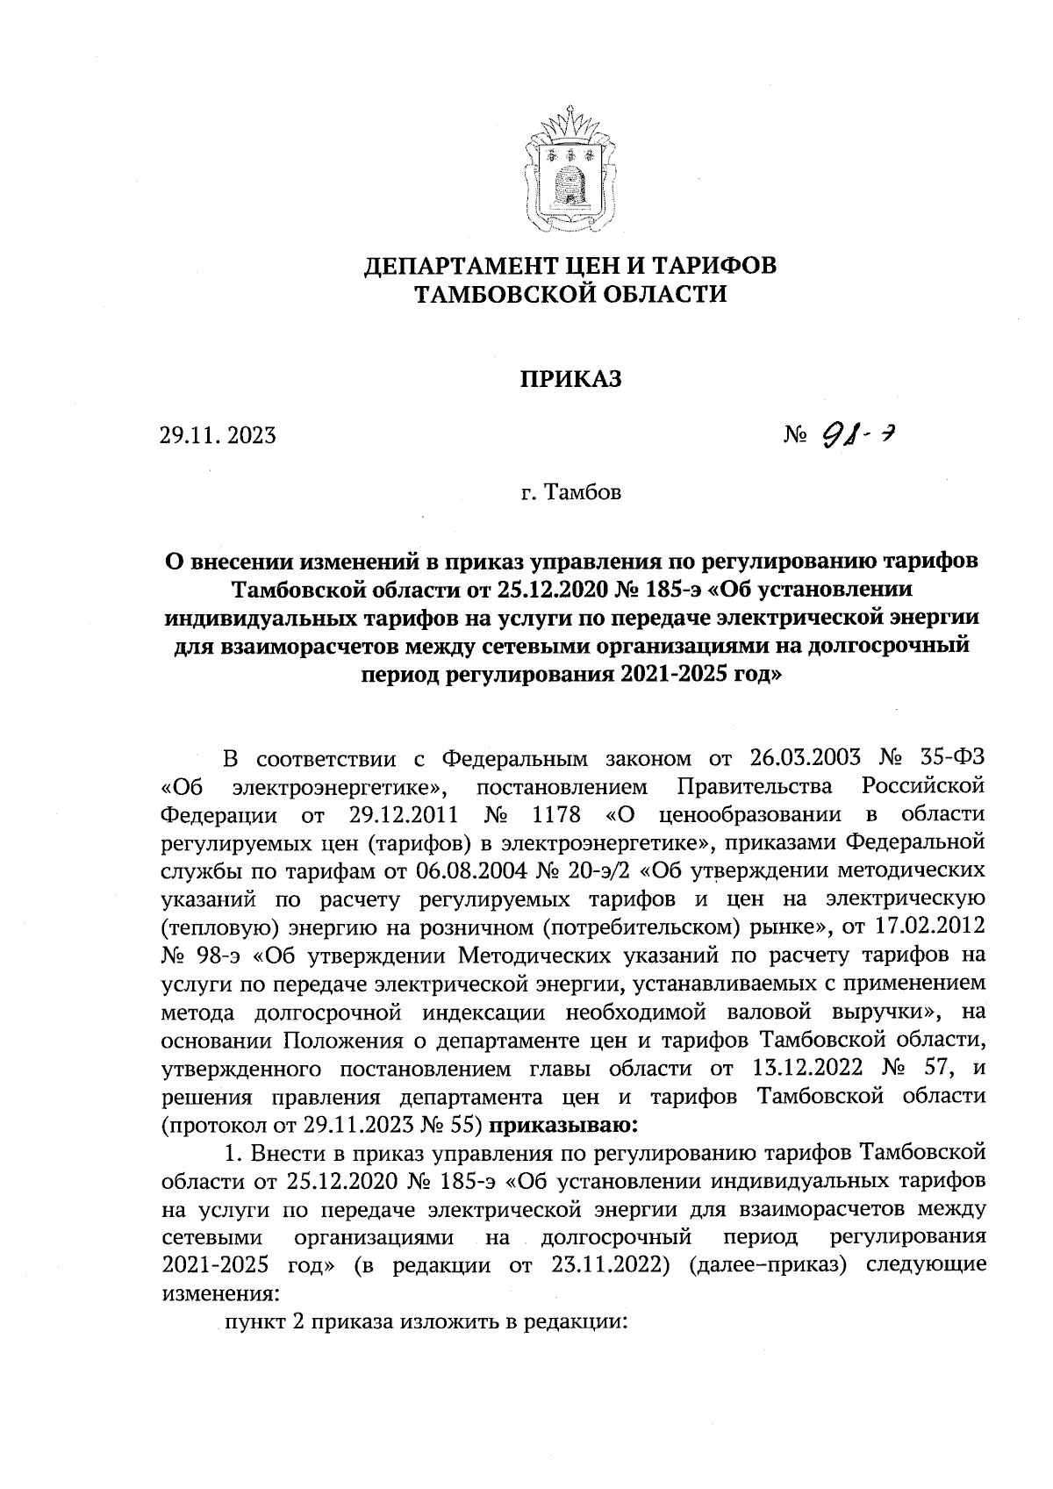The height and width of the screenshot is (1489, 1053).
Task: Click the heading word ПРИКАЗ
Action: [x=571, y=380]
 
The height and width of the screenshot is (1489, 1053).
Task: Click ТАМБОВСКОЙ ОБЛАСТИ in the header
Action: [x=570, y=295]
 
